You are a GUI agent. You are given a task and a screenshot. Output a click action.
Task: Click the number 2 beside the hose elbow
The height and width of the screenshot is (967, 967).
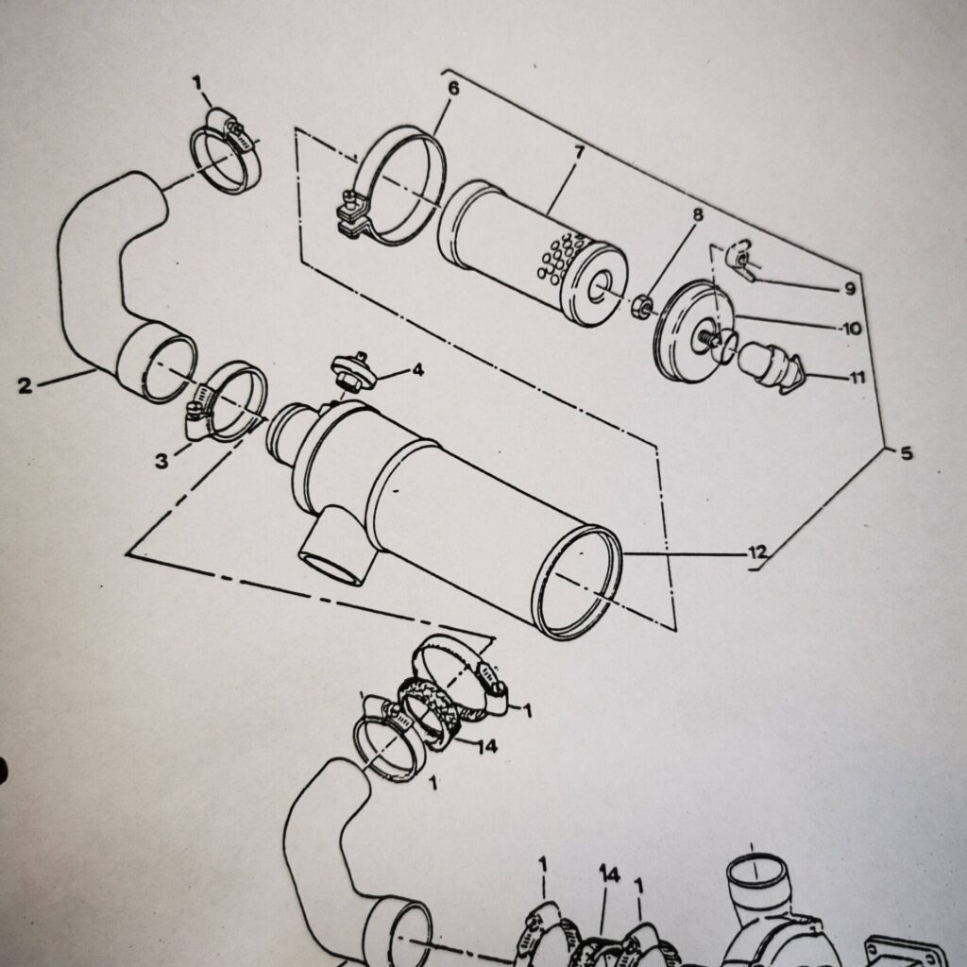click(x=25, y=384)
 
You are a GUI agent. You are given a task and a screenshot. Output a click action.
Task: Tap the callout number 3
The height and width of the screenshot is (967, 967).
click(x=162, y=461)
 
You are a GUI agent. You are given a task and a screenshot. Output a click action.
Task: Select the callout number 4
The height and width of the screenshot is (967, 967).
click(x=417, y=370)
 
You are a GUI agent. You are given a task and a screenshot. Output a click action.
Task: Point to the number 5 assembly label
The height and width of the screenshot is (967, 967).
click(x=907, y=454)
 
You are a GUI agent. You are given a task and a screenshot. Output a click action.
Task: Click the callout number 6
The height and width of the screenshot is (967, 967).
click(x=453, y=90)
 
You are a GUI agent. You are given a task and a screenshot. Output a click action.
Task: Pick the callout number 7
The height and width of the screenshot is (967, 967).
click(x=579, y=152)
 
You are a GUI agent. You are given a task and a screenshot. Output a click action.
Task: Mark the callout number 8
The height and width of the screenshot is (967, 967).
click(x=698, y=215)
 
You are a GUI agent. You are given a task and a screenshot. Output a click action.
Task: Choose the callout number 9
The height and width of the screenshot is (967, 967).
click(x=850, y=289)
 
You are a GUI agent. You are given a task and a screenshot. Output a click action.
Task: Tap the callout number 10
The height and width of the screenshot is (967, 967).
click(x=852, y=330)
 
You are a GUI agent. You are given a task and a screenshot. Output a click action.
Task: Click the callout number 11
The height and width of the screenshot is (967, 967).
click(x=857, y=379)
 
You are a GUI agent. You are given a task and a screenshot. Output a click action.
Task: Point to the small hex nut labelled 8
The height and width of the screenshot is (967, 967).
click(x=642, y=304)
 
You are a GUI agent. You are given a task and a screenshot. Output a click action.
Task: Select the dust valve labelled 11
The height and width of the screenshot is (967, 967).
click(x=771, y=369)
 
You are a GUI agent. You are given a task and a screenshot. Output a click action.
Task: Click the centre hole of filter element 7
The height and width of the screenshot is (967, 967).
click(x=598, y=287)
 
